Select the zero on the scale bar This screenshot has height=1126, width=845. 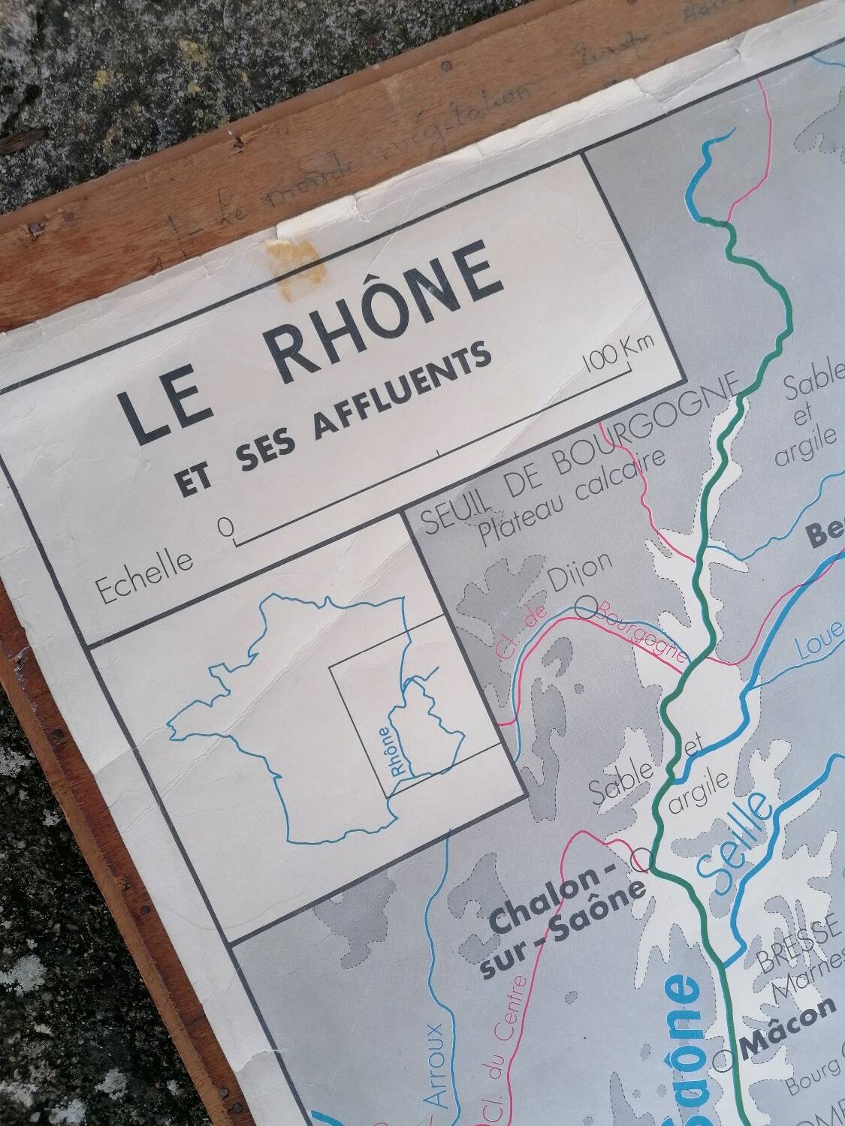(x=224, y=527)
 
